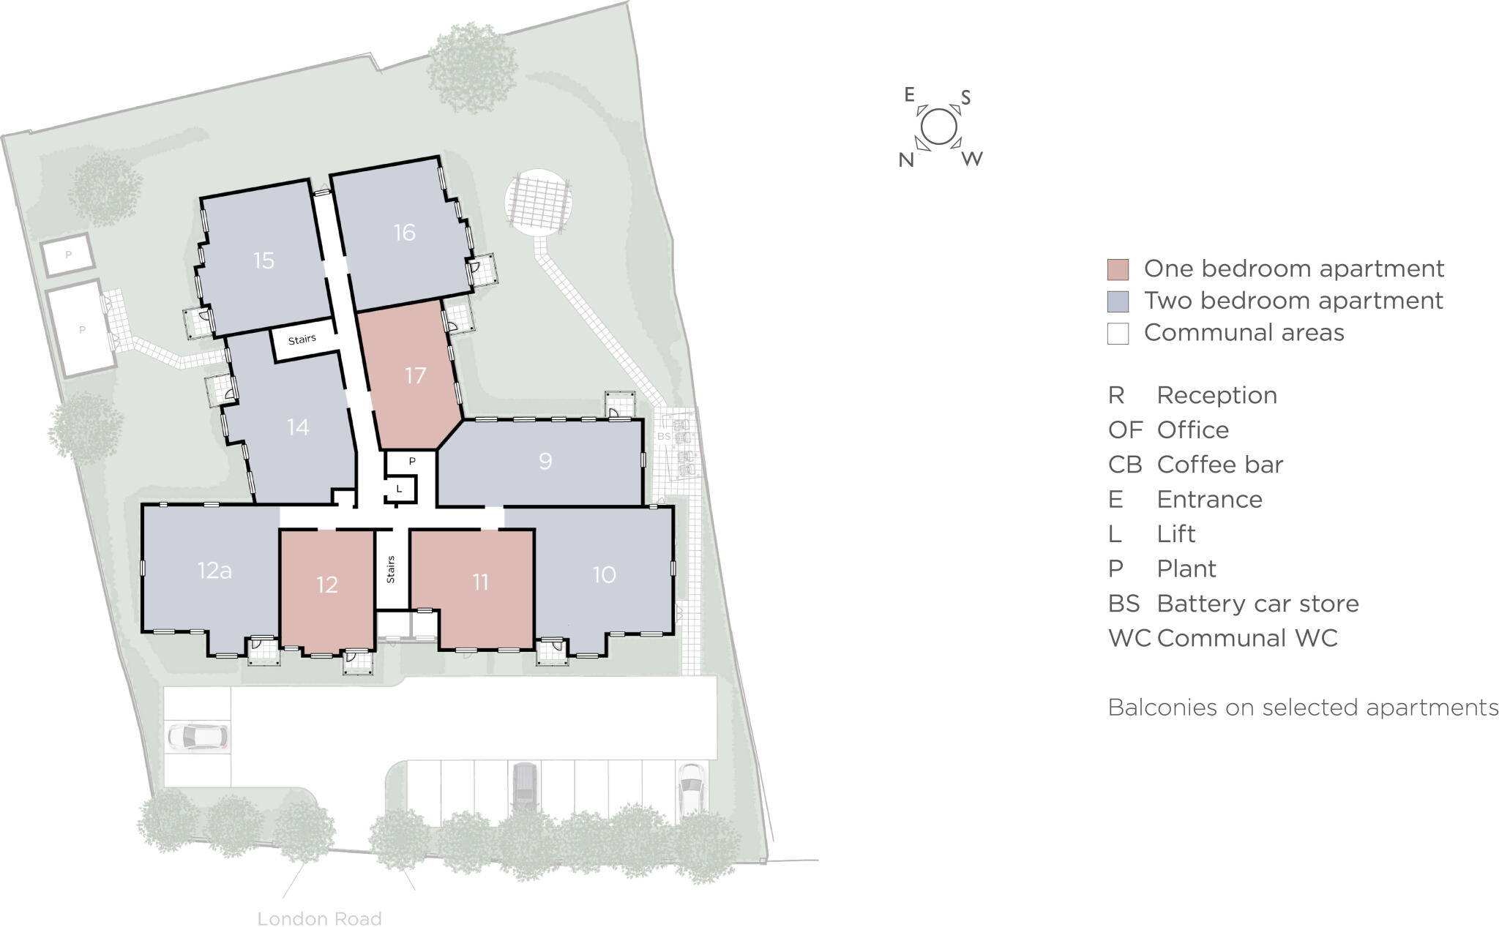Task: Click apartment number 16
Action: pos(404,233)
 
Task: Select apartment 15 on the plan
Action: pos(263,260)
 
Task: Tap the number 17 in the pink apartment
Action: pos(415,375)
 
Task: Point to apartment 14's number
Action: pos(298,427)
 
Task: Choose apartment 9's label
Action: pos(545,461)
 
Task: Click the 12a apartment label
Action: pos(214,570)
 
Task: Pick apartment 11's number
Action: pos(479,582)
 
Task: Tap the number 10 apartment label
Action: pos(604,575)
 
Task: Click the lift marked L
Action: pos(399,489)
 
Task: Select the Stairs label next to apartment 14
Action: pos(302,339)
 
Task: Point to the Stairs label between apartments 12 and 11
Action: pos(391,569)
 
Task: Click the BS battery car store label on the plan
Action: pos(664,437)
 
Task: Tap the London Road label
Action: pos(319,919)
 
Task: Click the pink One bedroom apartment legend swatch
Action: pos(1118,269)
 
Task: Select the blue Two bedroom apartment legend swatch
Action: pos(1118,301)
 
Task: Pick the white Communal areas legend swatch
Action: pos(1118,334)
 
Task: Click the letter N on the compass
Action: pos(906,160)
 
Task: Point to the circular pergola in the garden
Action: pos(538,202)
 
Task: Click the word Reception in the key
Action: pos(1216,395)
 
